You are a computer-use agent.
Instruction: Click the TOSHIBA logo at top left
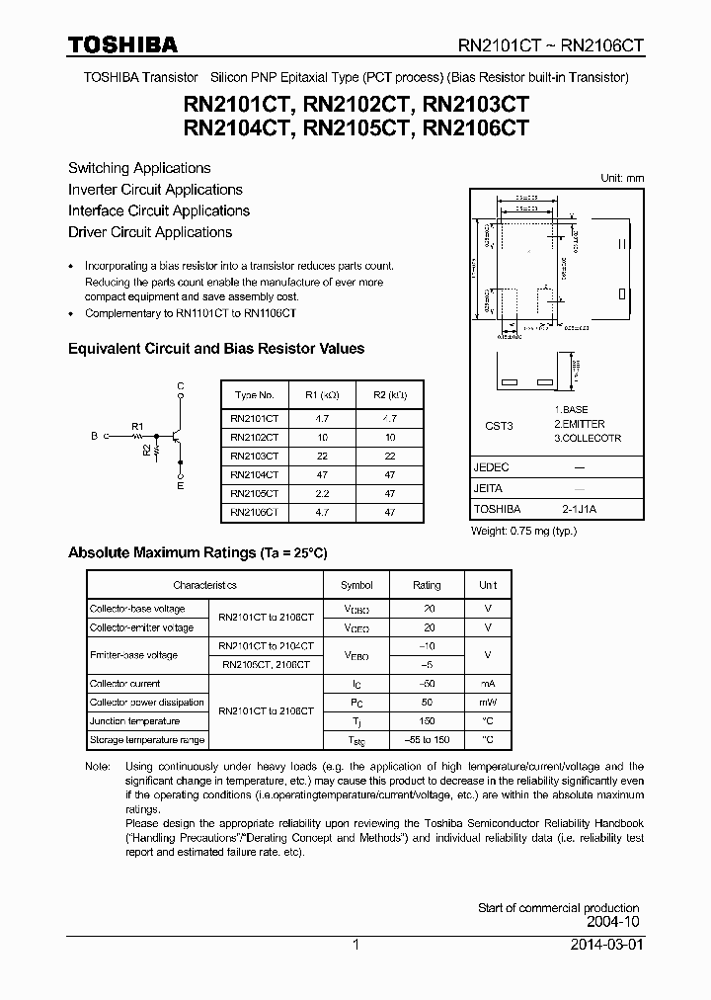click(x=122, y=44)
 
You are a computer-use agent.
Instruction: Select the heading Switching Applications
click(x=139, y=168)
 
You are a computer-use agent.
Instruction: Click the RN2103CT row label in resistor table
click(x=254, y=456)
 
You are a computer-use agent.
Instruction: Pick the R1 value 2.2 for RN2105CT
click(x=322, y=492)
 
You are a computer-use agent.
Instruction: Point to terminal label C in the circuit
click(x=180, y=385)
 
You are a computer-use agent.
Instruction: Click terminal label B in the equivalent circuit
click(x=94, y=435)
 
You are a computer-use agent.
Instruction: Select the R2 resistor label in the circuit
click(x=146, y=451)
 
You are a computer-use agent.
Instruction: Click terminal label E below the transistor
click(x=180, y=486)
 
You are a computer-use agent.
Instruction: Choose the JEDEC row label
click(x=491, y=466)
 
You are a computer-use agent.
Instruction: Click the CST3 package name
click(x=499, y=426)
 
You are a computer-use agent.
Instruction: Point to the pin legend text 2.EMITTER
click(x=579, y=424)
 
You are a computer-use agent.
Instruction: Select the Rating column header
click(x=427, y=585)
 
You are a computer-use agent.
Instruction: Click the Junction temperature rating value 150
click(x=427, y=721)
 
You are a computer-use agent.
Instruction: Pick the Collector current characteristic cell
click(x=125, y=684)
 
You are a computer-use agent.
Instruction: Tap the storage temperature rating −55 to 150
click(x=427, y=740)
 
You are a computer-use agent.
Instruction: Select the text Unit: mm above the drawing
click(x=622, y=178)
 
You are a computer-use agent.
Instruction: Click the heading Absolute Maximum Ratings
click(x=197, y=552)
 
